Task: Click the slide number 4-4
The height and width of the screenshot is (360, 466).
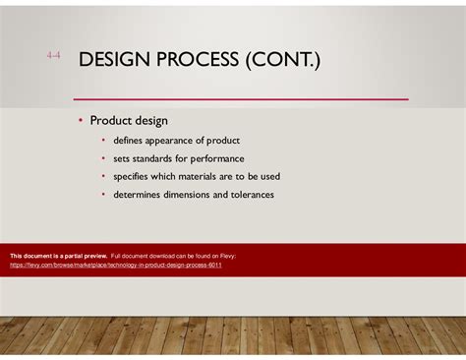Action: (x=53, y=56)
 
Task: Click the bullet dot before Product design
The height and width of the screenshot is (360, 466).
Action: (x=81, y=121)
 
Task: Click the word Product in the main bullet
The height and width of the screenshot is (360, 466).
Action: (x=110, y=121)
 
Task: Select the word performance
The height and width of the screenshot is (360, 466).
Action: (x=219, y=158)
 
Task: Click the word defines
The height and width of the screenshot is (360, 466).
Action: (x=130, y=141)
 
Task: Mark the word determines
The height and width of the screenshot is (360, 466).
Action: (x=140, y=194)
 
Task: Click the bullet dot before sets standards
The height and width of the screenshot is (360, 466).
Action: (x=103, y=158)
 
